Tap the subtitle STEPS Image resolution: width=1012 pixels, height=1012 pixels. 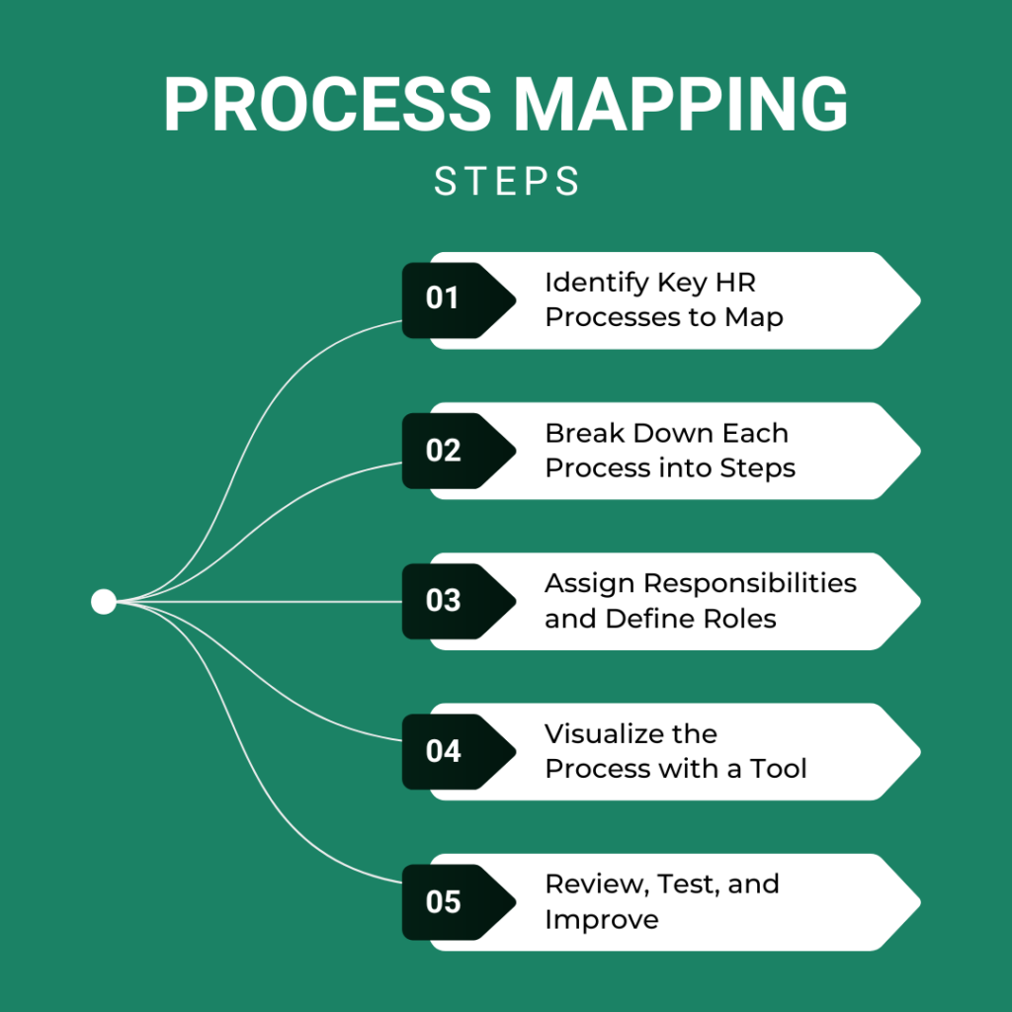(506, 182)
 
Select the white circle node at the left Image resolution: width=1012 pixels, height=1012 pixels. (104, 601)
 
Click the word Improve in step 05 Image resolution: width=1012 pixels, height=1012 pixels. (601, 920)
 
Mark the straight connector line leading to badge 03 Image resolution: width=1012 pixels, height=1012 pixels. (257, 601)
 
